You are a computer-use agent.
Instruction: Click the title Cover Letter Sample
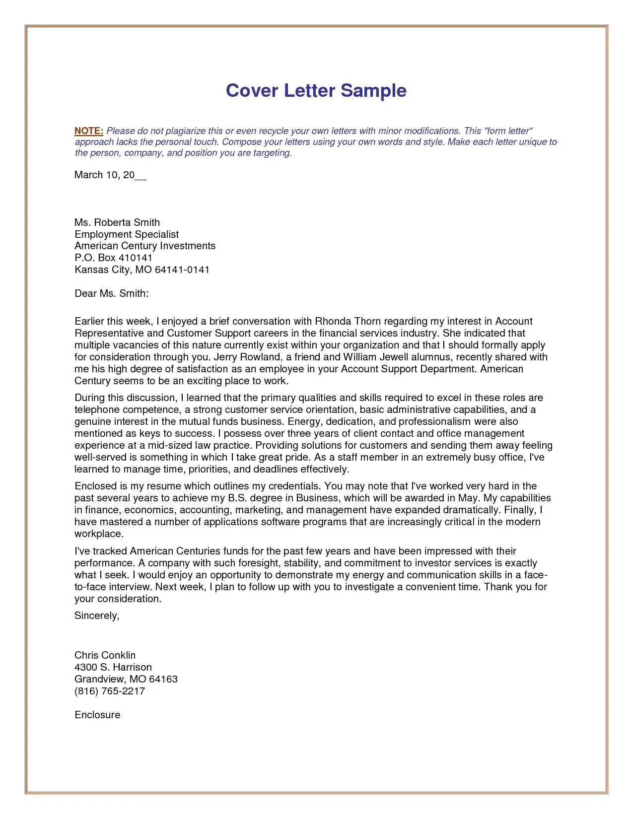[316, 90]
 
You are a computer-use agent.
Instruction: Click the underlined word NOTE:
[89, 131]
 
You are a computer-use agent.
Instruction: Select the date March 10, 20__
[110, 175]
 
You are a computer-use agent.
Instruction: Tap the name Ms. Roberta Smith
[117, 222]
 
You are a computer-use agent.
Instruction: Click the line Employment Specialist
[127, 234]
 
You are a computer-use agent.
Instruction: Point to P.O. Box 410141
[113, 258]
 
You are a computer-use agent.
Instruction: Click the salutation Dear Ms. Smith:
[112, 293]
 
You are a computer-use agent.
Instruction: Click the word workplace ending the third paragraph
[98, 534]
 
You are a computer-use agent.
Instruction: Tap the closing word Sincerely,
[97, 615]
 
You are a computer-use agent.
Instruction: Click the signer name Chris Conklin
[105, 655]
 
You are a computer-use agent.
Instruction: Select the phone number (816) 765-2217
[110, 691]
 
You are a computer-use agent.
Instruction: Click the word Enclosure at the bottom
[97, 715]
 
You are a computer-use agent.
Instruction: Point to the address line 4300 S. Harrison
[113, 667]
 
